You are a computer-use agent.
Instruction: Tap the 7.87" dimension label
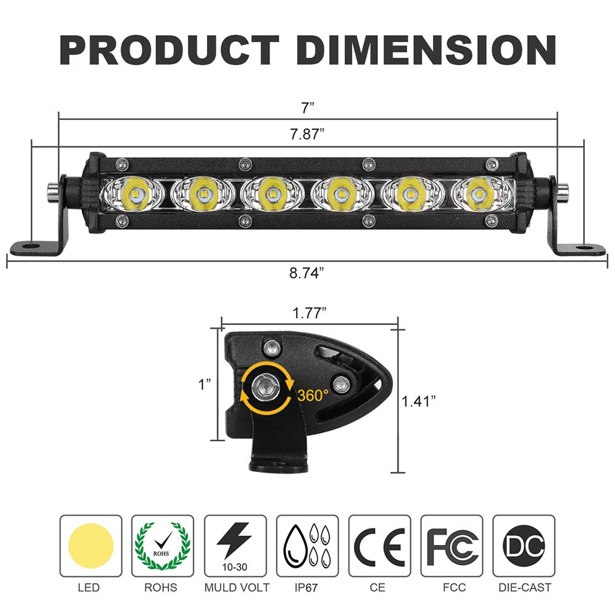307,135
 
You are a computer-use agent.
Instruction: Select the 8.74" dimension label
307,273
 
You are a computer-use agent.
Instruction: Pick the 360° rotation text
313,395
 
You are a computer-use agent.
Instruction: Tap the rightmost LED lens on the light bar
478,194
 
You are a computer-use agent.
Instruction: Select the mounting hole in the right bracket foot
581,248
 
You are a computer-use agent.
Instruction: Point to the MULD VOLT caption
237,588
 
